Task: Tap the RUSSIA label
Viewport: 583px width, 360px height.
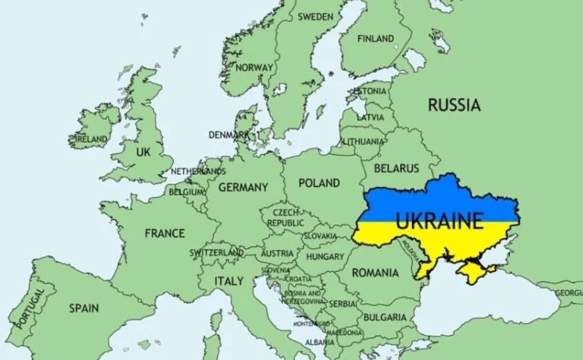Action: click(454, 105)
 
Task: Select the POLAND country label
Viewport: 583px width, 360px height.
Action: click(319, 183)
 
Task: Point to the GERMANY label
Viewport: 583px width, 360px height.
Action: click(243, 187)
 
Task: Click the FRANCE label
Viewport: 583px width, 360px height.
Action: click(165, 232)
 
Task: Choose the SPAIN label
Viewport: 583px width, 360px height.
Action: click(84, 308)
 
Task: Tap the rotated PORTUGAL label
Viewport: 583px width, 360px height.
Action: click(30, 307)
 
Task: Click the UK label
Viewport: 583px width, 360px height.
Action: click(143, 152)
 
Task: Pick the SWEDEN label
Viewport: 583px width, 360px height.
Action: click(315, 16)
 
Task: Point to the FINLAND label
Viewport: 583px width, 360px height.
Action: click(376, 38)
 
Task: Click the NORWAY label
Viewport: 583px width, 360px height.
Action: click(254, 67)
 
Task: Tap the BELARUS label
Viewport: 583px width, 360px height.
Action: click(395, 167)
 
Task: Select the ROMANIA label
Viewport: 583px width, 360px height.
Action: click(375, 272)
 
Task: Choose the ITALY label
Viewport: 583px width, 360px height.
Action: click(228, 280)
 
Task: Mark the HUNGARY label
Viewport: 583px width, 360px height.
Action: click(325, 257)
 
